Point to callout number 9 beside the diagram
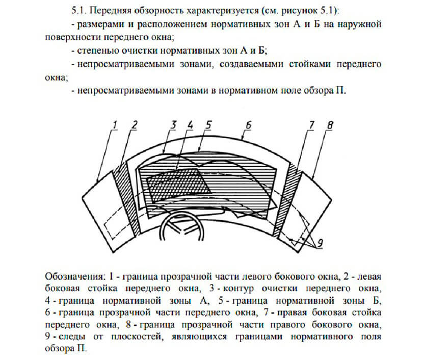pos(320,243)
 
